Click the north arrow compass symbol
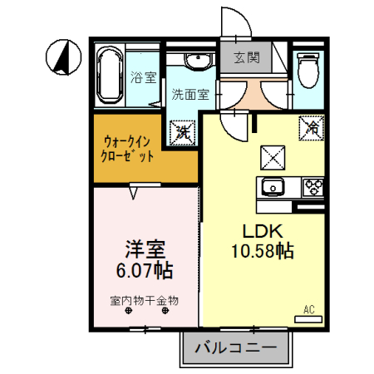(63, 57)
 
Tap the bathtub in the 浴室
(110, 75)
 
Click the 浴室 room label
(144, 77)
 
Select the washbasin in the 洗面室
(199, 60)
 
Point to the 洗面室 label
(190, 94)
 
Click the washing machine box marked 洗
(183, 133)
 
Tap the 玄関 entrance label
(247, 57)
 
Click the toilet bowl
(308, 70)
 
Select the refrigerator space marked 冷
(312, 128)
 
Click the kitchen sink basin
(273, 187)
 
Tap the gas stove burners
(313, 188)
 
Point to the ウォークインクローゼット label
(127, 149)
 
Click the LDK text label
(263, 231)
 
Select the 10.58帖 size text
(263, 251)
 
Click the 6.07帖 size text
(145, 270)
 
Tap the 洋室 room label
(145, 249)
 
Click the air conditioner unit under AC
(308, 319)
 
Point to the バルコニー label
(236, 347)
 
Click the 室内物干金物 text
(144, 301)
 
